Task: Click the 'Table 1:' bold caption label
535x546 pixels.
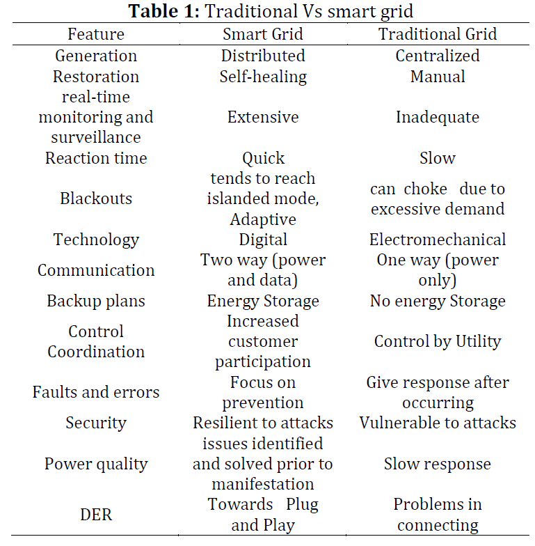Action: coord(164,11)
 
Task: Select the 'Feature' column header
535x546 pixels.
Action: coord(96,34)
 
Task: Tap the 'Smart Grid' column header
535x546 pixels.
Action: coord(263,34)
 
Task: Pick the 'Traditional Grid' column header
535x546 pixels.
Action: coord(438,34)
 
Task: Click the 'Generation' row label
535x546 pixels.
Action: coord(96,56)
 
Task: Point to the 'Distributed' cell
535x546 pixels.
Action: coord(263,56)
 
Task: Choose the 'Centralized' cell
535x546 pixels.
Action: coord(438,56)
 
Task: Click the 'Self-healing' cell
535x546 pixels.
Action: coord(263,77)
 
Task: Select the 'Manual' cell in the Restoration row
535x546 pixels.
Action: coord(438,77)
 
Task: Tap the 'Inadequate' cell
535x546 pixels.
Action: coord(438,117)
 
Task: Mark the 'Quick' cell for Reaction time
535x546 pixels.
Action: coord(263,159)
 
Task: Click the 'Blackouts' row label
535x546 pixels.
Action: coord(96,198)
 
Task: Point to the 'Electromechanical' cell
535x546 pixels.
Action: coord(438,240)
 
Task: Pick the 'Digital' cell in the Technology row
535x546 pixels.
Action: coord(263,240)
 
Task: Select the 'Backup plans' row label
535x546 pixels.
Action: coord(96,301)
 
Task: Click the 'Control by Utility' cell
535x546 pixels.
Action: coord(438,341)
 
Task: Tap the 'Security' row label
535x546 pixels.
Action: coord(96,423)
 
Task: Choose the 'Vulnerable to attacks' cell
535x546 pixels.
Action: coord(438,423)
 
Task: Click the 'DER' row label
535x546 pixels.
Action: coord(96,515)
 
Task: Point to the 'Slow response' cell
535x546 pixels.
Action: coord(438,464)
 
